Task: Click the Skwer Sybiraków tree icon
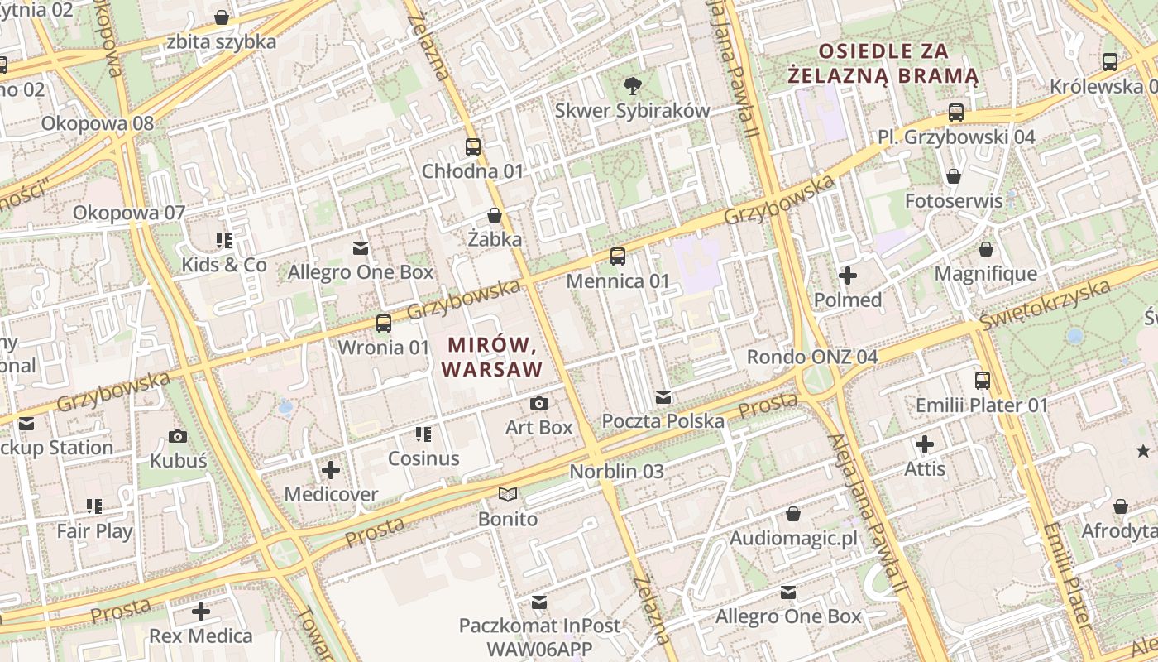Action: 632,84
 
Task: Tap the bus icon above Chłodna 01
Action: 472,147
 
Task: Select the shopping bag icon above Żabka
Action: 495,215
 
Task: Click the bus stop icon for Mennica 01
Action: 617,257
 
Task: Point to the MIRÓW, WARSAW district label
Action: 493,356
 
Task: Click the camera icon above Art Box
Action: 539,403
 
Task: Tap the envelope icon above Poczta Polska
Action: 663,397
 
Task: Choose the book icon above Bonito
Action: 507,495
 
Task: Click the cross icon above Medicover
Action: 331,470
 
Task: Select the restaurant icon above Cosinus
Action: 423,434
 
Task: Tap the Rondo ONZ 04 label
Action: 811,357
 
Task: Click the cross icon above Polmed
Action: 848,276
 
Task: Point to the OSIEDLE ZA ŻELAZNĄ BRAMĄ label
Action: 883,64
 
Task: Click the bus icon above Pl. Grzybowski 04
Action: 956,112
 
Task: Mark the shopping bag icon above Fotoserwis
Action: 953,176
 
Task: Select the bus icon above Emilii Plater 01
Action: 982,381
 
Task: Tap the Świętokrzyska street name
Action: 1044,304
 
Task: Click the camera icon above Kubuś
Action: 177,436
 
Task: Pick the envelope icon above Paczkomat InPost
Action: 539,602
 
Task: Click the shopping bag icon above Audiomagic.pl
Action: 792,514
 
